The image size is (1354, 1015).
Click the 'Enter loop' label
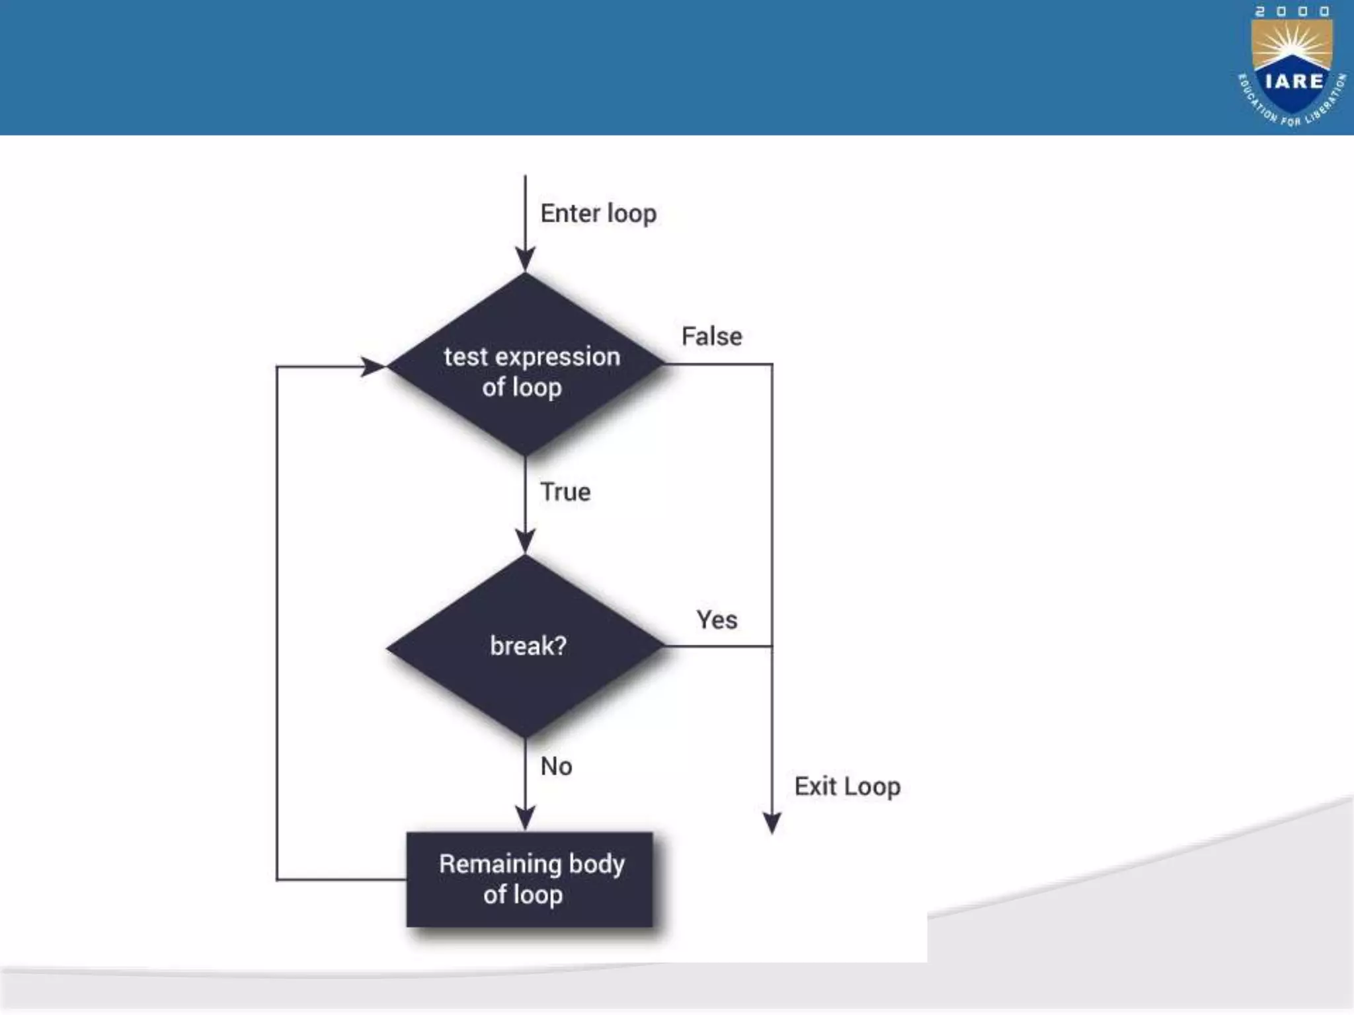click(598, 214)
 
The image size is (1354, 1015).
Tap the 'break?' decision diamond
click(526, 646)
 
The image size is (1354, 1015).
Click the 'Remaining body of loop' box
click(530, 880)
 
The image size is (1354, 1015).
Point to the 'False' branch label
click(711, 336)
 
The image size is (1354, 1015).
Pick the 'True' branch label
click(565, 492)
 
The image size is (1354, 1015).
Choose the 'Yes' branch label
click(717, 620)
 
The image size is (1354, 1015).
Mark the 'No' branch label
click(556, 767)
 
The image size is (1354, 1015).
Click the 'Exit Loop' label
click(847, 786)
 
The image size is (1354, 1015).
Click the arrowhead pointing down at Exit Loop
click(772, 823)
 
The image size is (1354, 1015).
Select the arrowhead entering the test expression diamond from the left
click(372, 366)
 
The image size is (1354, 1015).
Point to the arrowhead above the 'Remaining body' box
click(526, 819)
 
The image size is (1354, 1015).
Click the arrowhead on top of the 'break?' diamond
click(526, 542)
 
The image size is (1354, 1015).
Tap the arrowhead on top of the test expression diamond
click(526, 259)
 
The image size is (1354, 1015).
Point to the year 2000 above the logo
click(1292, 11)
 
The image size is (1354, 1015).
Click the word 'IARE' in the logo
click(1294, 81)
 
